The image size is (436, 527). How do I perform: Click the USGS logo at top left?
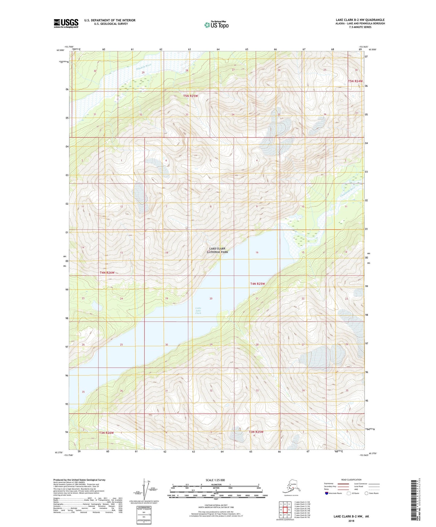coord(66,23)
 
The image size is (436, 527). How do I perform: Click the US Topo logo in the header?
coord(216,25)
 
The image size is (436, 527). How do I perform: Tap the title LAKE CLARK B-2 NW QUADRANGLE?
coord(360,20)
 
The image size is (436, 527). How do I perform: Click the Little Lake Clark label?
coord(198,311)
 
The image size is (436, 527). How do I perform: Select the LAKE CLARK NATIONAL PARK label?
coord(217,250)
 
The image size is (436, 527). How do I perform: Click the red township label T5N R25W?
coord(191,96)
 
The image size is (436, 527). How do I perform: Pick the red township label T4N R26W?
coord(107,273)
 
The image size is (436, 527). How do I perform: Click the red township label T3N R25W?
coord(256,432)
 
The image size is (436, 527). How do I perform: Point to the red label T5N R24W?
coord(355,81)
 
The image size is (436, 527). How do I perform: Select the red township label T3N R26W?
coord(107,433)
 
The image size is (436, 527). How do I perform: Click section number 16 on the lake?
coord(257,252)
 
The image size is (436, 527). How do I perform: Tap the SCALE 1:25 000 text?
coord(215,480)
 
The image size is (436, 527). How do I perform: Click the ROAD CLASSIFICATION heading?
coord(351,480)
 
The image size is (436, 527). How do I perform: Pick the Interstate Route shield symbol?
coord(326,493)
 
